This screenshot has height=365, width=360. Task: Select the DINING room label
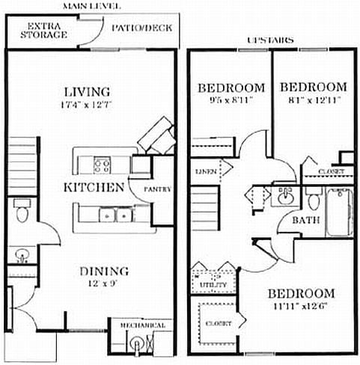(105, 271)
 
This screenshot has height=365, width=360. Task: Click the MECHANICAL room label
(140, 326)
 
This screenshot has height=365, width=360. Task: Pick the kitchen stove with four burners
(102, 162)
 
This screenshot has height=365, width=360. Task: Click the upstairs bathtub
(338, 212)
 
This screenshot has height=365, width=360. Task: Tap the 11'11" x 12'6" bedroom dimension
(301, 304)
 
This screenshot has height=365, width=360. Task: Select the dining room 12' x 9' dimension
(105, 283)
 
